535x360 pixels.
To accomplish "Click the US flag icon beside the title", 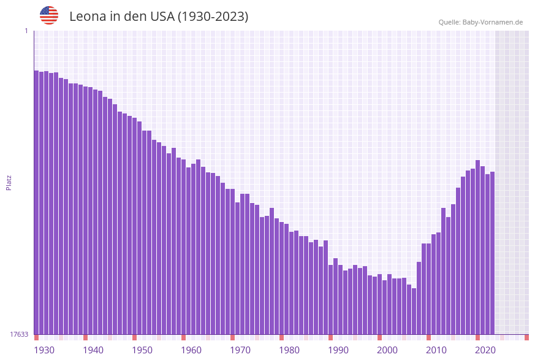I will point(49,15).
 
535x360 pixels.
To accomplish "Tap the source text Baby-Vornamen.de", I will point(493,22).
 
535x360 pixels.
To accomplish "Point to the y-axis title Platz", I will point(9,182).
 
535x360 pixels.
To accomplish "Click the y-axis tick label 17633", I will point(19,334).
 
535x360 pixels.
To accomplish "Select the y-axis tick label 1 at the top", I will point(26,31).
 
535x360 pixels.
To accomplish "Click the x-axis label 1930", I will point(44,350).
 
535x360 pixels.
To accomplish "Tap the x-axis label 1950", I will point(142,350).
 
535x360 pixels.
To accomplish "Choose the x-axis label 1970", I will point(240,350).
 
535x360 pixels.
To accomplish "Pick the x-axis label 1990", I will point(338,350).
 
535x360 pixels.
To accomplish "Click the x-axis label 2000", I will point(387,350).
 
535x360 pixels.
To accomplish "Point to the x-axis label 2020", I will point(485,350).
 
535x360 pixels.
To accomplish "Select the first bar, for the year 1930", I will point(36,202).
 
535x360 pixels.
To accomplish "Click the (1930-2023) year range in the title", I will point(213,17).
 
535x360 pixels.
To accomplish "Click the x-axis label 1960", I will point(191,350).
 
